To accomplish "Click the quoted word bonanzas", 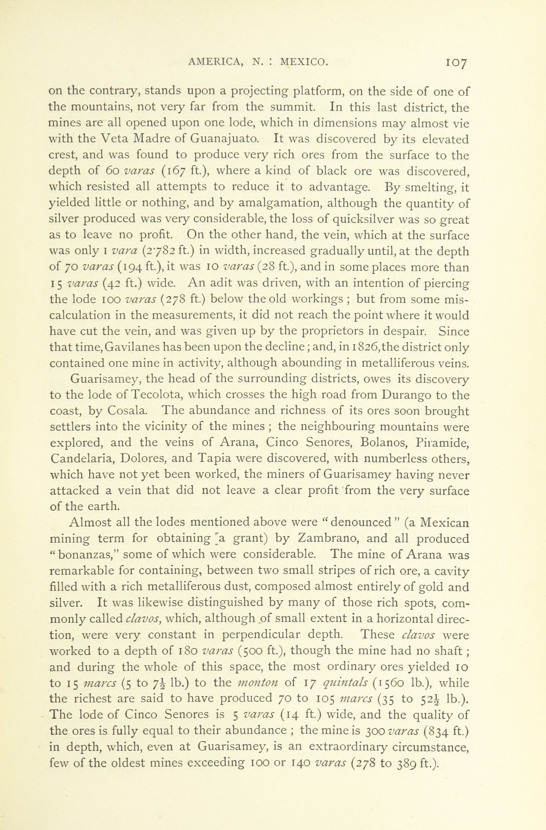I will click(85, 555).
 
